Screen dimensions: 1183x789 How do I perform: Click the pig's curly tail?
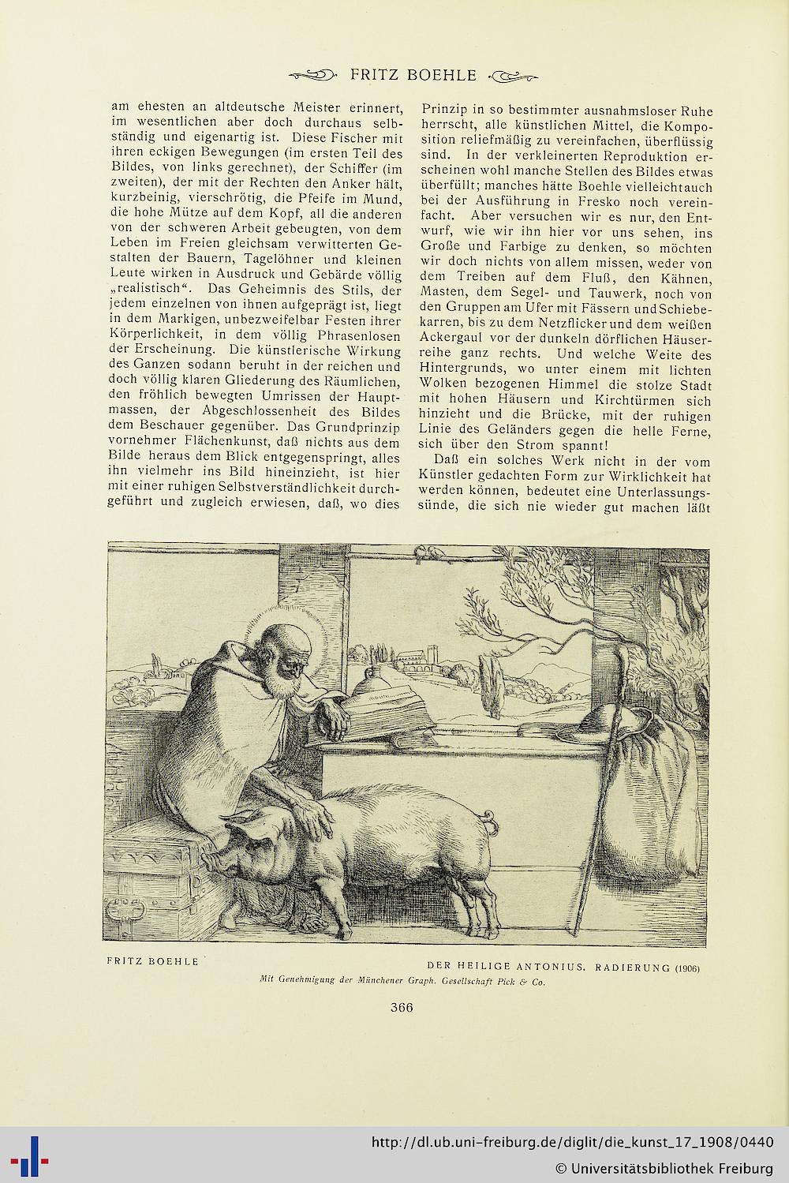click(492, 823)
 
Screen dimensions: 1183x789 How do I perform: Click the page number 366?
click(402, 1006)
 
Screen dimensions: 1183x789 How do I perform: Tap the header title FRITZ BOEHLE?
click(413, 76)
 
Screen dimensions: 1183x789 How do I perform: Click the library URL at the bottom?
click(571, 1142)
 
